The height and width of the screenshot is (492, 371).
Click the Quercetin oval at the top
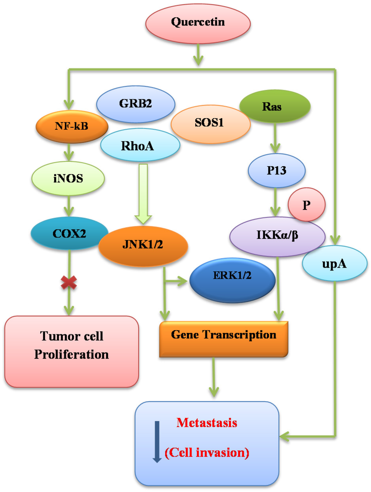[198, 23]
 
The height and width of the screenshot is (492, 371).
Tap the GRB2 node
[135, 104]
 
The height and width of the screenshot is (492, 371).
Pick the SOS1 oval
[210, 124]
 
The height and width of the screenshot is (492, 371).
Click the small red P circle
[306, 204]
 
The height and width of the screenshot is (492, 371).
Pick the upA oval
[335, 263]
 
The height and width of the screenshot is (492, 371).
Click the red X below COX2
[69, 283]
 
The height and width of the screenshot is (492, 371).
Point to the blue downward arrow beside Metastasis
[156, 440]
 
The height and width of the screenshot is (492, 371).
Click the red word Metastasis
[207, 423]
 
